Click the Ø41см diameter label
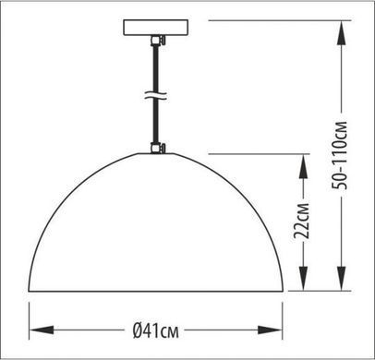tap(155, 330)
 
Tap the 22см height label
tap(301, 221)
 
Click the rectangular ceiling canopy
tap(156, 28)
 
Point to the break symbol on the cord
tap(155, 95)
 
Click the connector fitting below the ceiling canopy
tap(158, 41)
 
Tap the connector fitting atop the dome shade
tap(158, 148)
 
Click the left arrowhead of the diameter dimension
tap(42, 330)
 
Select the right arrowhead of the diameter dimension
tap(270, 330)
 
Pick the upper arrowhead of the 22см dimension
tap(304, 166)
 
